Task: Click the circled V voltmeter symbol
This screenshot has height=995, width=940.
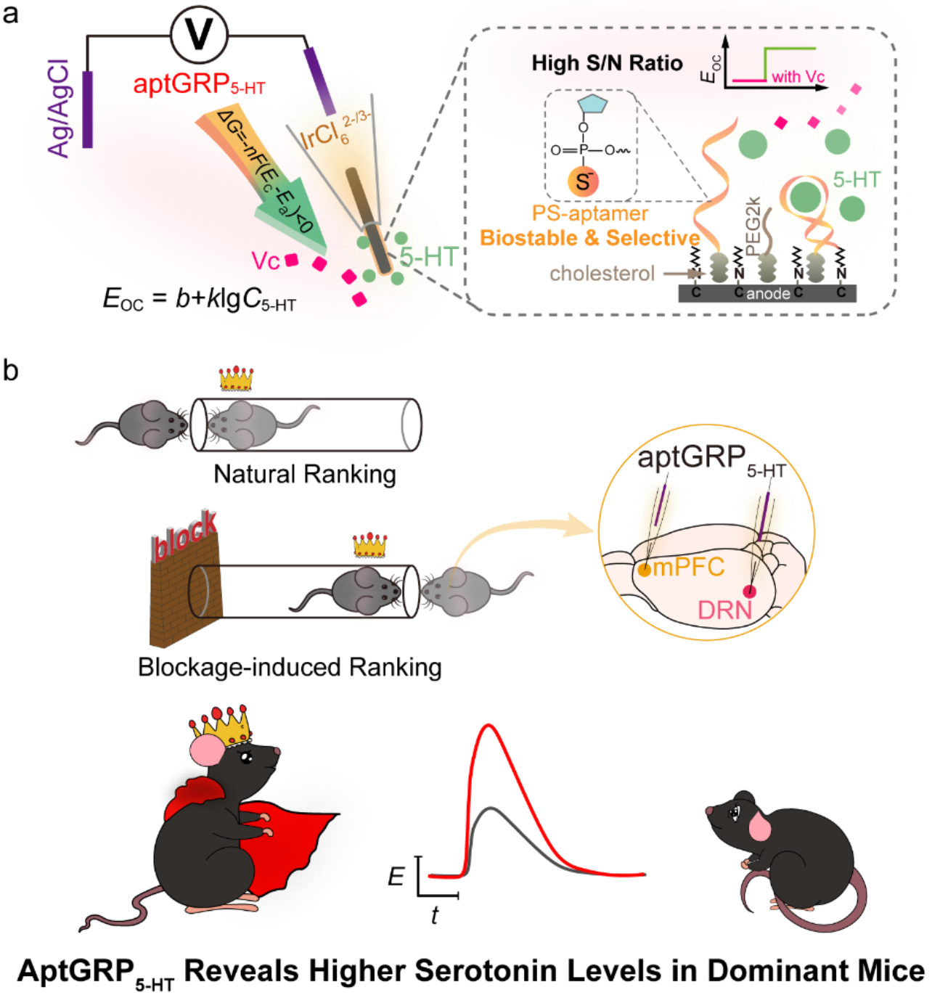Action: click(200, 34)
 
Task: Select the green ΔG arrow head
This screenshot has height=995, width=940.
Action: click(287, 211)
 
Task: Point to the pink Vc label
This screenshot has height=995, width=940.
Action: click(266, 261)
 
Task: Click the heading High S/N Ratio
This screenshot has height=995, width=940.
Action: click(607, 63)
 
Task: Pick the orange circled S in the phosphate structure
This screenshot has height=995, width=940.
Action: click(583, 181)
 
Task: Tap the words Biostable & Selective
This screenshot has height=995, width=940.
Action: click(589, 238)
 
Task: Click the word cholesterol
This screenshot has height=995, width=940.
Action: click(602, 274)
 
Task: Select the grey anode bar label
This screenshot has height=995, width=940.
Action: click(768, 293)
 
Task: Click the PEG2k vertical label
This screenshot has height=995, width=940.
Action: click(753, 225)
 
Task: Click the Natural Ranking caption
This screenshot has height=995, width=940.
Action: click(305, 474)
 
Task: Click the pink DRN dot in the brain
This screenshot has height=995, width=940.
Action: click(749, 591)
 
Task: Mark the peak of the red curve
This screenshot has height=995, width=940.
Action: click(488, 725)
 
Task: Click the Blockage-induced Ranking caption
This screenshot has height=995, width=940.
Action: click(290, 667)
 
